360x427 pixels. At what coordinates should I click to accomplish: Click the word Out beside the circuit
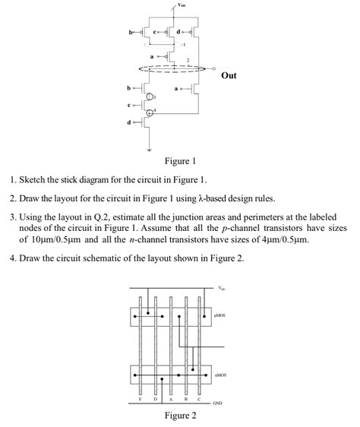pyautogui.click(x=229, y=75)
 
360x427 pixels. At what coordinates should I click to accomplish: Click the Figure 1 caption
pyautogui.click(x=180, y=161)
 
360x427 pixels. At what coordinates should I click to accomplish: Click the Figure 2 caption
pyautogui.click(x=180, y=416)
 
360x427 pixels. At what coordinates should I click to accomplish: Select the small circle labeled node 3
pyautogui.click(x=151, y=98)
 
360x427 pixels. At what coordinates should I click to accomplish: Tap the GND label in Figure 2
pyautogui.click(x=217, y=402)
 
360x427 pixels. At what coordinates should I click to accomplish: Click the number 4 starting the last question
pyautogui.click(x=13, y=258)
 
